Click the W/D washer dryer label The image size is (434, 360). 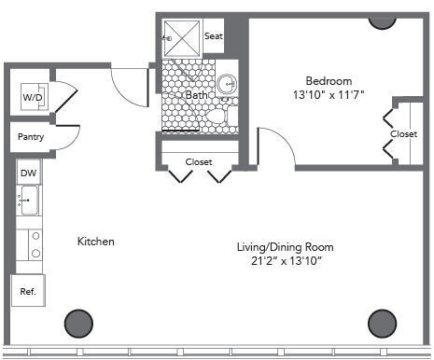[x=33, y=97]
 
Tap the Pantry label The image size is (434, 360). [x=31, y=137]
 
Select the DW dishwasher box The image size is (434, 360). [x=29, y=172]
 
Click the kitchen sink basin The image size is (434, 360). [x=30, y=200]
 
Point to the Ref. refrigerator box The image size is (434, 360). [x=28, y=290]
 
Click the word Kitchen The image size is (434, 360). [x=96, y=242]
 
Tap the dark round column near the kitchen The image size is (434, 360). [x=78, y=324]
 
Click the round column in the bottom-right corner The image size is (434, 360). [x=382, y=324]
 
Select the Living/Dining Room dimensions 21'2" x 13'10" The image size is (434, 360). [x=287, y=260]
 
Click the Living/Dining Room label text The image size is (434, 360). [x=286, y=247]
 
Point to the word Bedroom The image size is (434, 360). [x=329, y=81]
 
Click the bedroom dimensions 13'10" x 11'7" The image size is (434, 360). [x=329, y=94]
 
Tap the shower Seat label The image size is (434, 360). [x=214, y=36]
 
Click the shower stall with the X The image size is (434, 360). [x=182, y=38]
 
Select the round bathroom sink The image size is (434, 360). [x=227, y=84]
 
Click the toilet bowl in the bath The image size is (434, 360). [x=216, y=116]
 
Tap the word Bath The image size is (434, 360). [x=197, y=95]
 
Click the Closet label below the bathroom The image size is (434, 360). [x=199, y=162]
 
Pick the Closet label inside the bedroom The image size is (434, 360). [x=404, y=134]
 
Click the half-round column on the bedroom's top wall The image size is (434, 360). [x=383, y=23]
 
